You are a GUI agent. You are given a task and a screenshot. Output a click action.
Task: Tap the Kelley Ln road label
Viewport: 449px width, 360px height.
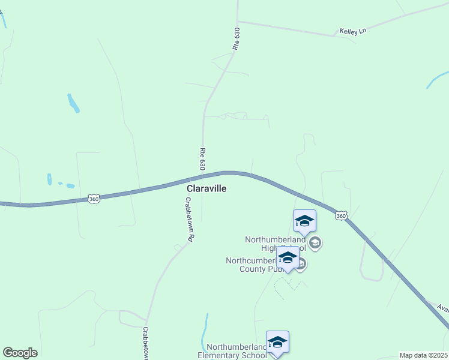(352, 31)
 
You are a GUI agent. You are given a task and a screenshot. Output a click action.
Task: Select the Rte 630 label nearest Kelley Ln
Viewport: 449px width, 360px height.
(237, 38)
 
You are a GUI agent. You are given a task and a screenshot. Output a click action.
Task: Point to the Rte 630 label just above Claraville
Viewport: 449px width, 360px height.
(203, 158)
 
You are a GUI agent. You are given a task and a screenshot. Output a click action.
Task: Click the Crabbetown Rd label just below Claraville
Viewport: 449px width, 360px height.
(189, 219)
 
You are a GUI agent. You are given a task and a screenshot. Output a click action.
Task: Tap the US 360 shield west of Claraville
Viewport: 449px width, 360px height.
(93, 198)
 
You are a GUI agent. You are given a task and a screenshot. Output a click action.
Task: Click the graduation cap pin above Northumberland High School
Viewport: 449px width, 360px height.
(304, 221)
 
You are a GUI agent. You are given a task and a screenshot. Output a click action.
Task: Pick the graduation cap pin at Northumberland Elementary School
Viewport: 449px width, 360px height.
(277, 343)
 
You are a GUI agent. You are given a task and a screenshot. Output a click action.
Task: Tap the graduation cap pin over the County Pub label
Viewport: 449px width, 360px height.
(288, 259)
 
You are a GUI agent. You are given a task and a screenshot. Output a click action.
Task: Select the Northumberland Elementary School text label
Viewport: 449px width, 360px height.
(237, 351)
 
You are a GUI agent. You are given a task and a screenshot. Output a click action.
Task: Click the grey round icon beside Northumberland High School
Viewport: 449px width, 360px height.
(315, 244)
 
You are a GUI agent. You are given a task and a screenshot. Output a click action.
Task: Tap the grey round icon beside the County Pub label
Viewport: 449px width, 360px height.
(301, 264)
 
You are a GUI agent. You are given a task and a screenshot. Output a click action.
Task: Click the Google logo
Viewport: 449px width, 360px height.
(20, 353)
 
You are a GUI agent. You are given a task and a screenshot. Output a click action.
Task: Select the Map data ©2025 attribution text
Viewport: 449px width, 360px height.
(423, 355)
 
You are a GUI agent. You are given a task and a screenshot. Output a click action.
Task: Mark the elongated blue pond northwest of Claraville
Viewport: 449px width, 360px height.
(73, 103)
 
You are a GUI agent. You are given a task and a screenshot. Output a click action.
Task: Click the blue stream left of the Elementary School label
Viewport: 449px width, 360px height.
(205, 333)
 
